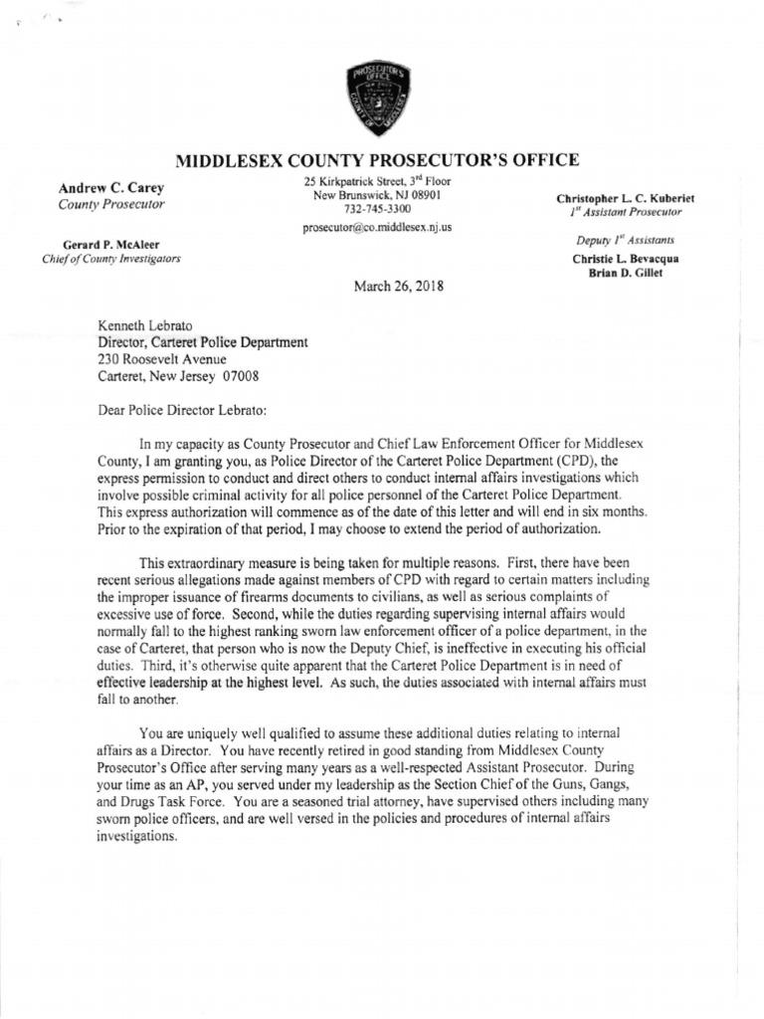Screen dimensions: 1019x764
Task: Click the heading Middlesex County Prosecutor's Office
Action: [x=376, y=160]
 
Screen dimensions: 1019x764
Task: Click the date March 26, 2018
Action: [x=398, y=286]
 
